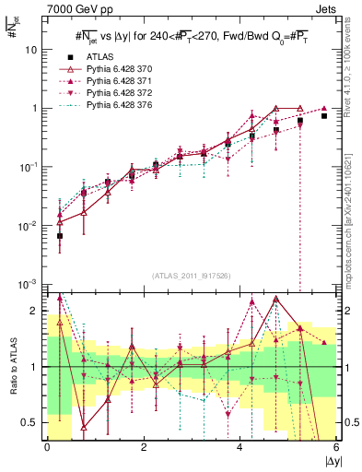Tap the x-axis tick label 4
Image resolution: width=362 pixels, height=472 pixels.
click(x=240, y=447)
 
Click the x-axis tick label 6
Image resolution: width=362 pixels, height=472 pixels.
click(x=336, y=447)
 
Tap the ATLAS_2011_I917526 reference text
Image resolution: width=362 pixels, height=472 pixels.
click(x=192, y=275)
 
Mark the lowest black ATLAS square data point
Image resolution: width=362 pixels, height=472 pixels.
click(x=60, y=236)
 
